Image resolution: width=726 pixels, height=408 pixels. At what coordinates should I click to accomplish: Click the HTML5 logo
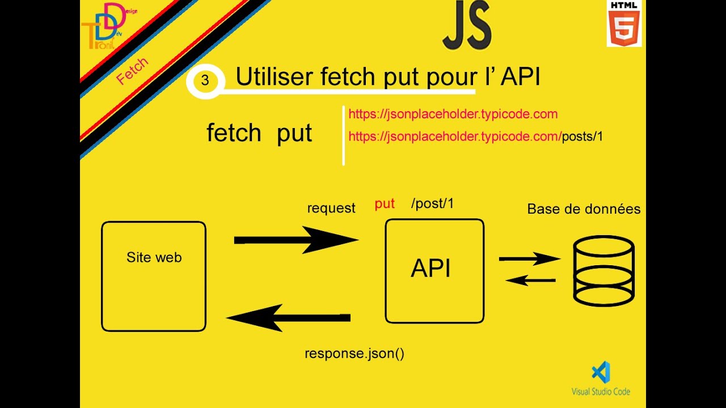click(x=624, y=23)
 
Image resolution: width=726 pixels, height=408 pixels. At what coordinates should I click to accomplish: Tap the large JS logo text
click(x=467, y=25)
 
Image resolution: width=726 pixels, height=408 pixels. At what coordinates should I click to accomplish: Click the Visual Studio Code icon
click(x=601, y=372)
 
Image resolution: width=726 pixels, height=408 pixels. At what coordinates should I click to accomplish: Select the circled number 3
click(x=205, y=80)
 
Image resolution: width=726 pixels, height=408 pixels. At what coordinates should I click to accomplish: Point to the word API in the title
click(x=520, y=77)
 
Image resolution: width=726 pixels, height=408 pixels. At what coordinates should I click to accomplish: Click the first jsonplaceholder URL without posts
click(x=453, y=114)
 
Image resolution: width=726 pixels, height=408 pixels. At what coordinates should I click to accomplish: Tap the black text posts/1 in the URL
click(x=583, y=137)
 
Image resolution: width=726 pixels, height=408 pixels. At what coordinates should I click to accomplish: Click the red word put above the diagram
click(x=385, y=204)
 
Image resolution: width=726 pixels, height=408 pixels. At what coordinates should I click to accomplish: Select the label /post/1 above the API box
click(x=432, y=203)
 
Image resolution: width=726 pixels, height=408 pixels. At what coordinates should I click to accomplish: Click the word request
click(x=331, y=208)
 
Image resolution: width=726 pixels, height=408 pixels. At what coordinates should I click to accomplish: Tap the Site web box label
click(x=154, y=257)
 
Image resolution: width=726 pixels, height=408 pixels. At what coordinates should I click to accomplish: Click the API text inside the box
click(x=430, y=268)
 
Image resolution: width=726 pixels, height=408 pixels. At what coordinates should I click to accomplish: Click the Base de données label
click(x=584, y=209)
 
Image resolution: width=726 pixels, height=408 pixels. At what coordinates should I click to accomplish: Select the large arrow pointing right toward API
click(x=296, y=240)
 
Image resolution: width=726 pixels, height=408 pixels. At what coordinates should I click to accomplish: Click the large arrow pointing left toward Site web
click(x=288, y=318)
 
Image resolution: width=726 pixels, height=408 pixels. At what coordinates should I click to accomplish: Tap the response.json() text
click(x=354, y=353)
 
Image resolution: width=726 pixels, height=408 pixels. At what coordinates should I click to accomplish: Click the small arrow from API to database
click(x=530, y=259)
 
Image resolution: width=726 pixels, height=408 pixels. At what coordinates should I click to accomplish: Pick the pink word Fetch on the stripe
click(x=132, y=71)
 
